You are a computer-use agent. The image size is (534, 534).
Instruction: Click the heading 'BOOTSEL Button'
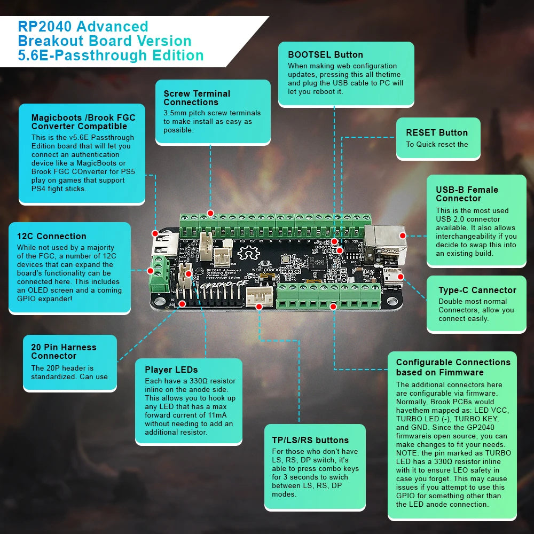(325, 54)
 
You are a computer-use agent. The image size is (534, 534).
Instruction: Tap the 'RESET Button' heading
(436, 132)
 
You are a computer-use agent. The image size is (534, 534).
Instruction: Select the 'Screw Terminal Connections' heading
(197, 98)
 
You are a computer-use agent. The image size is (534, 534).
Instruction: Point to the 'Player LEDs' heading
(171, 370)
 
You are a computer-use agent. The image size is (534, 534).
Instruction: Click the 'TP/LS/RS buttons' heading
(310, 440)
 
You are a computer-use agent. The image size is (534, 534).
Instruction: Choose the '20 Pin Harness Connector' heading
(64, 351)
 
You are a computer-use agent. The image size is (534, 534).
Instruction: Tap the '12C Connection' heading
(51, 236)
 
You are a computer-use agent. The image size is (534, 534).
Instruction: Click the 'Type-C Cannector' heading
(477, 290)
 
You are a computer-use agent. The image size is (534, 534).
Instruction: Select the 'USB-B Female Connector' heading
(467, 194)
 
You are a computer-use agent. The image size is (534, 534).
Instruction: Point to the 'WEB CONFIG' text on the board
(265, 270)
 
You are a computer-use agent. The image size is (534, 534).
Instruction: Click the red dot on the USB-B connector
(403, 235)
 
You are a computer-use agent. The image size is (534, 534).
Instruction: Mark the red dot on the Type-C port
(400, 278)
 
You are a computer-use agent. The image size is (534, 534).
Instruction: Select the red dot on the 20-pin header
(183, 303)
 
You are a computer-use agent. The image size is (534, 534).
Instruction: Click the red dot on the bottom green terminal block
(333, 307)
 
